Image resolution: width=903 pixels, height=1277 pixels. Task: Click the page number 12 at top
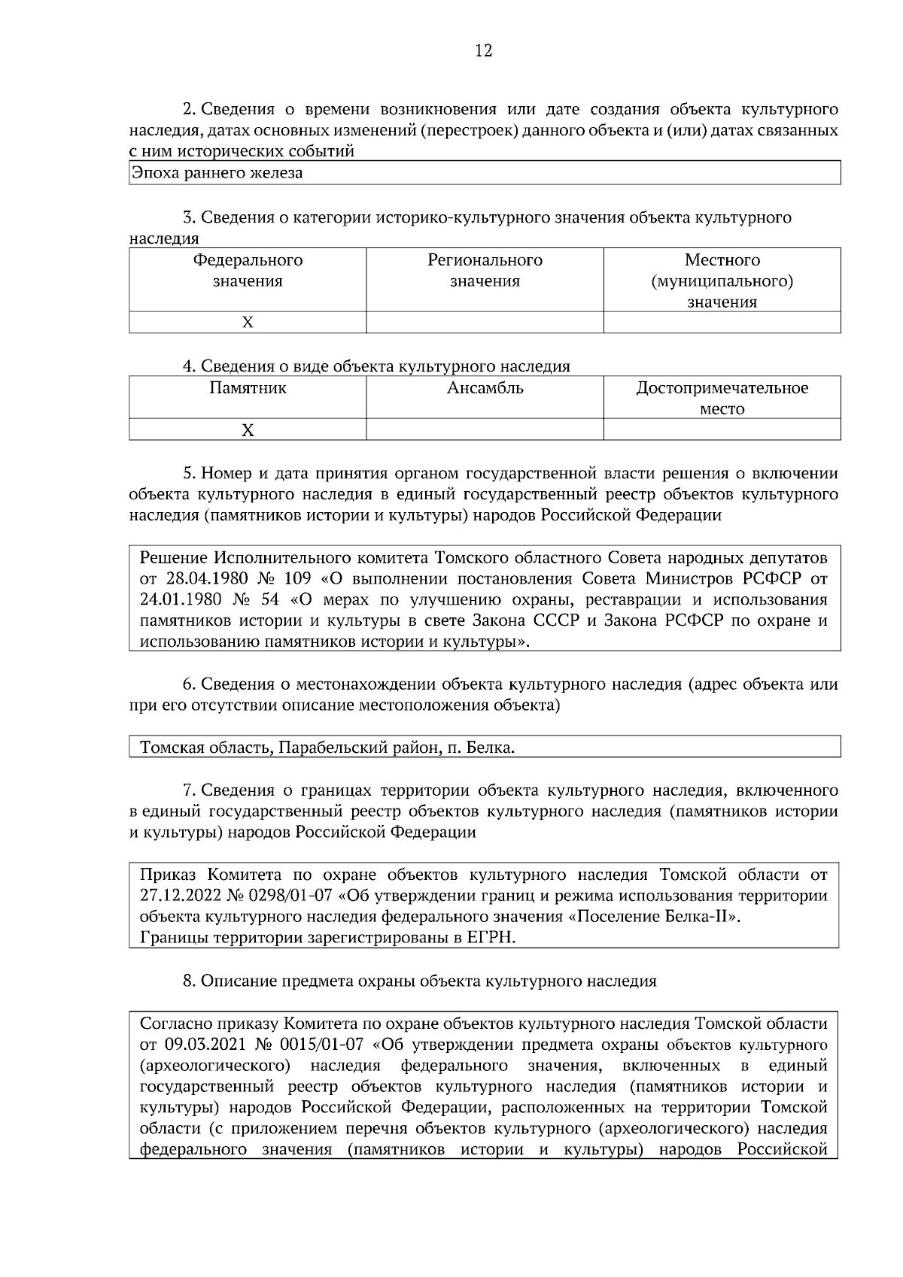click(x=483, y=50)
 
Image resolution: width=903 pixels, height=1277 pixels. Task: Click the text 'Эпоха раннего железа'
click(x=217, y=173)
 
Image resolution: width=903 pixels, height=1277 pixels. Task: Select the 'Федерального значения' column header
click(x=248, y=271)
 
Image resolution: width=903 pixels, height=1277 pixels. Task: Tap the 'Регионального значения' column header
click(x=485, y=271)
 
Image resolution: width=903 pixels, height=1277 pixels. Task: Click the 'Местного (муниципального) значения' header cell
click(x=722, y=281)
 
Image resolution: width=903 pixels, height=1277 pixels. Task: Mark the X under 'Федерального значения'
click(x=248, y=323)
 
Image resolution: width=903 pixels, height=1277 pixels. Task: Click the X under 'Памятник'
click(x=248, y=430)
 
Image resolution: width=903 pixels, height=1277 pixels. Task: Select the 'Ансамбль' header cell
click(x=485, y=389)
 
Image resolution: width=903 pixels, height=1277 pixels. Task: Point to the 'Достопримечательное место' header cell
click(x=722, y=399)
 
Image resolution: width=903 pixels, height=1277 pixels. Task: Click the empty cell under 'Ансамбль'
click(x=485, y=430)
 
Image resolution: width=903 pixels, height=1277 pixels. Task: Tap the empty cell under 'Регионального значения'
click(x=485, y=323)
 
